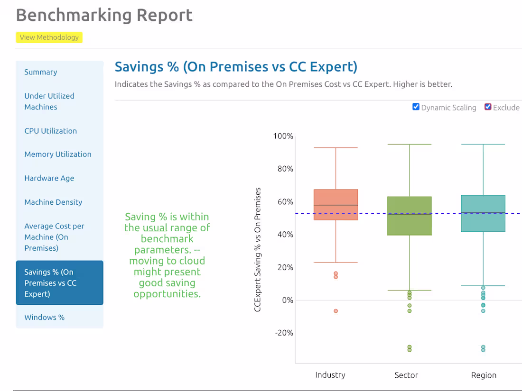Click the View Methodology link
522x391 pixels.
point(49,37)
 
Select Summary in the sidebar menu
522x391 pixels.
point(41,72)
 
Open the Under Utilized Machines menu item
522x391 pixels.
point(49,101)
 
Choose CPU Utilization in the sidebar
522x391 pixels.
point(50,131)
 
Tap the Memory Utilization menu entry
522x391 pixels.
point(58,154)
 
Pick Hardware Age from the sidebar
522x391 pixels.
point(49,178)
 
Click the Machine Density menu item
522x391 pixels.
point(53,202)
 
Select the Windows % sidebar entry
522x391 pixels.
point(45,317)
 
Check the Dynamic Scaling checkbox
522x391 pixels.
point(416,107)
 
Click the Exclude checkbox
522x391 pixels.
point(488,107)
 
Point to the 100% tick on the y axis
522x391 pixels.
point(283,136)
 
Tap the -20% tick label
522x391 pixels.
point(284,333)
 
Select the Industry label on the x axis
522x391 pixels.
point(330,375)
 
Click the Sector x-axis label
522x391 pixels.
point(406,375)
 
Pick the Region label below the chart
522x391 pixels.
point(484,375)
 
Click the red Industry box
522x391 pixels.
point(336,204)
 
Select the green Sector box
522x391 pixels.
point(410,216)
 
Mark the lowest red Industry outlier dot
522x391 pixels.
point(336,311)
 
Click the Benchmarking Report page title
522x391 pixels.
point(104,15)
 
